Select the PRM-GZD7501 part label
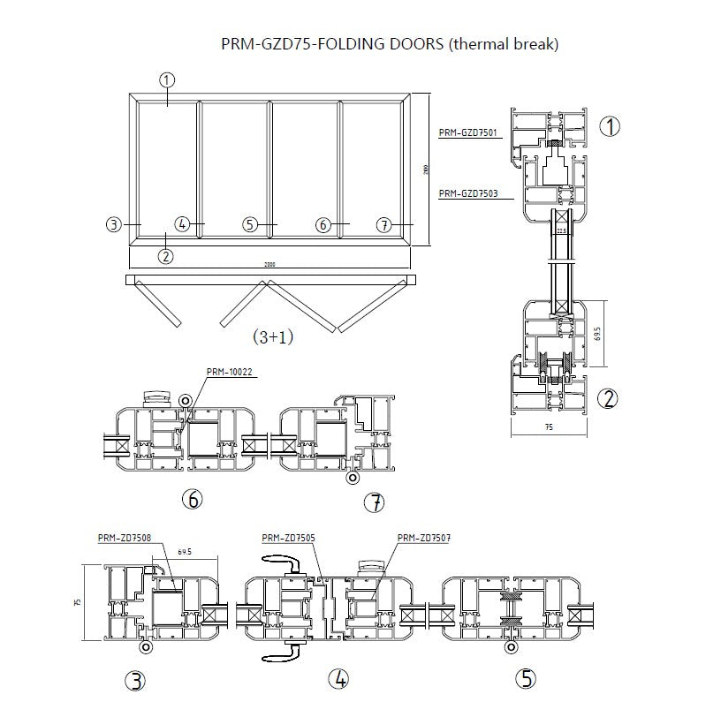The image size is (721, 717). (x=467, y=133)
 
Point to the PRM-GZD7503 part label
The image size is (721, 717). (x=467, y=192)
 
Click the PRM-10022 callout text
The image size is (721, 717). (x=230, y=372)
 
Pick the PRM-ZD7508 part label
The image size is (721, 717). (x=124, y=537)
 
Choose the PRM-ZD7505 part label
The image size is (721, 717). (x=289, y=537)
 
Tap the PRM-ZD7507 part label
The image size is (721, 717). (x=424, y=537)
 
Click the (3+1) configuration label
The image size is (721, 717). (x=272, y=336)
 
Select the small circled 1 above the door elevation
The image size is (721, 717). (x=167, y=79)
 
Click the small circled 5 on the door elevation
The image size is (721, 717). (x=251, y=224)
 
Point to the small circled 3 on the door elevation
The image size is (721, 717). (x=113, y=224)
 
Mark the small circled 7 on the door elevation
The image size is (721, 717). (x=383, y=225)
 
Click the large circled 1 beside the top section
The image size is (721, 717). (x=610, y=126)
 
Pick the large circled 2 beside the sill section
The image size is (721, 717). (x=608, y=398)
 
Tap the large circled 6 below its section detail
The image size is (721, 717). (x=191, y=499)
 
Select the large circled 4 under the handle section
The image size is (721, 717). (x=339, y=679)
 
